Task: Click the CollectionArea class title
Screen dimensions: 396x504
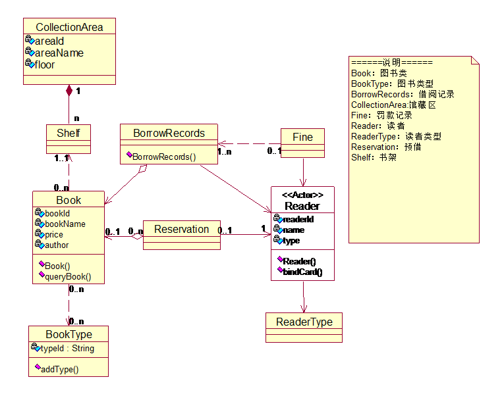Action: [x=69, y=27]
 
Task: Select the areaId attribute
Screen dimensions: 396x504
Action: [x=49, y=41]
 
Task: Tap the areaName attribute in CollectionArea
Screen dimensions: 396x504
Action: [x=59, y=53]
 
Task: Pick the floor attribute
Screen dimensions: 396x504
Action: [x=45, y=64]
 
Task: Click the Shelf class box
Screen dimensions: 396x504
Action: [x=69, y=133]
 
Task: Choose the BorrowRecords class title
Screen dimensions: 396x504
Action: [x=169, y=133]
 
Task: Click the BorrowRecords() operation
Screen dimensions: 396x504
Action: [x=164, y=157]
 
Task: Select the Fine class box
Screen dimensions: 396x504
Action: [x=303, y=137]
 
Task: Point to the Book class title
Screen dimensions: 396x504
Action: [x=69, y=200]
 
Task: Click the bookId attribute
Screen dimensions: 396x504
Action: [x=57, y=213]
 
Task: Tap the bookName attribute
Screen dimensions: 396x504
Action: [x=65, y=224]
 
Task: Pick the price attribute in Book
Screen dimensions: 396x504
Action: [x=54, y=234]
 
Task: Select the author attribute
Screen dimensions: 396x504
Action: [x=57, y=245]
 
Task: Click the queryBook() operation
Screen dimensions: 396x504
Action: [x=68, y=276]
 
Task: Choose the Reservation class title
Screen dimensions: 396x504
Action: [x=181, y=229]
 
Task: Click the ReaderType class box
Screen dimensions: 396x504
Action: [x=304, y=322]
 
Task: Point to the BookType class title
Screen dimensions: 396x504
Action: [x=69, y=335]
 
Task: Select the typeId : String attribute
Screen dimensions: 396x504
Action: [x=67, y=349]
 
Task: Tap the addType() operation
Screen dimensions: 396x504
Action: [x=60, y=369]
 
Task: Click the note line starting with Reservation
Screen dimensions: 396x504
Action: [x=386, y=147]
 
